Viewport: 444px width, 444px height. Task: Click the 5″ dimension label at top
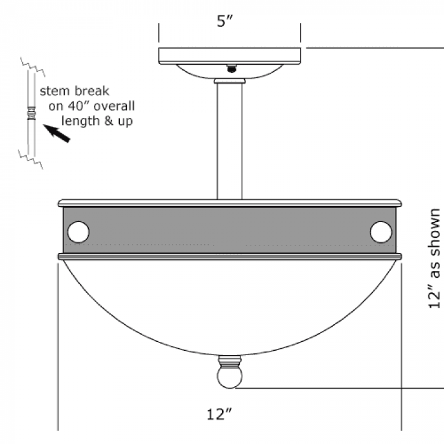pyautogui.click(x=225, y=21)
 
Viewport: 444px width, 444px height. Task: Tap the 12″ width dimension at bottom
pyautogui.click(x=219, y=414)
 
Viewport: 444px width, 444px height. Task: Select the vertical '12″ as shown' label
pyautogui.click(x=434, y=258)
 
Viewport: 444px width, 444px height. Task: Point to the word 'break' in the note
pyautogui.click(x=92, y=91)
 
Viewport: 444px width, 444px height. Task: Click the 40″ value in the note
pyautogui.click(x=79, y=106)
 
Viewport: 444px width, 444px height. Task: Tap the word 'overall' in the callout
pyautogui.click(x=114, y=106)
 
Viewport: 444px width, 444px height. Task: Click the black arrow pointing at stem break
pyautogui.click(x=56, y=133)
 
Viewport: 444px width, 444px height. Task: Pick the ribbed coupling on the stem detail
pyautogui.click(x=32, y=114)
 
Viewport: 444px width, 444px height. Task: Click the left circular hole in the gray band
pyautogui.click(x=79, y=232)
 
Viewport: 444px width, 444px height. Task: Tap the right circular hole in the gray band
pyautogui.click(x=381, y=232)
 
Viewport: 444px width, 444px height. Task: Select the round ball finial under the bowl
pyautogui.click(x=230, y=377)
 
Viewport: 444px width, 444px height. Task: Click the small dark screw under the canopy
pyautogui.click(x=232, y=69)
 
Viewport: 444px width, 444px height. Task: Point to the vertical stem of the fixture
pyautogui.click(x=230, y=141)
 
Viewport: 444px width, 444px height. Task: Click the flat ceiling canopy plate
pyautogui.click(x=230, y=56)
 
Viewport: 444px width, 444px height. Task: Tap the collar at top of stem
pyautogui.click(x=230, y=81)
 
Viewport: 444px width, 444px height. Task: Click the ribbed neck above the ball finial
pyautogui.click(x=230, y=362)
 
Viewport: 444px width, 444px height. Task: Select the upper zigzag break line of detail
pyautogui.click(x=33, y=67)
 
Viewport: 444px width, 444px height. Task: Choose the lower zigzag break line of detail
pyautogui.click(x=30, y=159)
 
